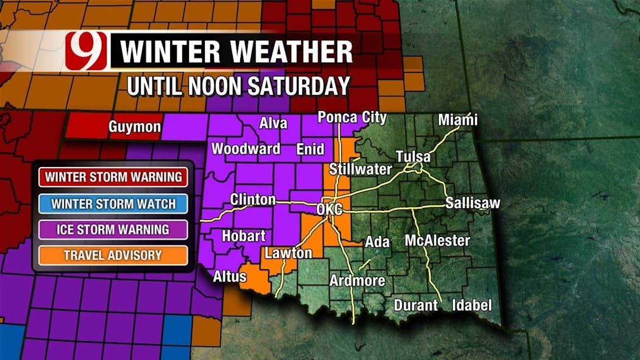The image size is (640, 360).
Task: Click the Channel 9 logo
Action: pyautogui.click(x=86, y=51)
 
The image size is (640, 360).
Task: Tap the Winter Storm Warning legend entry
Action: pyautogui.click(x=113, y=177)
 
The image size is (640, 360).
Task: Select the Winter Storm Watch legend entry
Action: pyautogui.click(x=113, y=203)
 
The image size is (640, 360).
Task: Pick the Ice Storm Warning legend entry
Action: pyautogui.click(x=113, y=230)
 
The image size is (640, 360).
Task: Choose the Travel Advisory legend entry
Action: pyautogui.click(x=113, y=255)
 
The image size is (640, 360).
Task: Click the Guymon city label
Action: pyautogui.click(x=135, y=127)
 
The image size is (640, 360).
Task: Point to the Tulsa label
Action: pyautogui.click(x=413, y=157)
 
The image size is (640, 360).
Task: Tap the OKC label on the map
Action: pyautogui.click(x=330, y=209)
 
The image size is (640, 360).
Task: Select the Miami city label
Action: pyautogui.click(x=458, y=120)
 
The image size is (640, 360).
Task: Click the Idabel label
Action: pyautogui.click(x=472, y=305)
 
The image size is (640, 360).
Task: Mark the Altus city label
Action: pyautogui.click(x=230, y=277)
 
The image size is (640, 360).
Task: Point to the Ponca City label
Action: pyautogui.click(x=352, y=117)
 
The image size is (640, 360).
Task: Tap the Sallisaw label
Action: pyautogui.click(x=472, y=203)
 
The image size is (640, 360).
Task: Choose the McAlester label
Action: pyautogui.click(x=437, y=241)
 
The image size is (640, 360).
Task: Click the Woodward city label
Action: pyautogui.click(x=246, y=149)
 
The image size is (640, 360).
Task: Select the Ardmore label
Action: pyautogui.click(x=357, y=281)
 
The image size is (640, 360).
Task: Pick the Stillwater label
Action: pyautogui.click(x=360, y=169)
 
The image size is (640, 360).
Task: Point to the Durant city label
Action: pyautogui.click(x=416, y=305)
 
